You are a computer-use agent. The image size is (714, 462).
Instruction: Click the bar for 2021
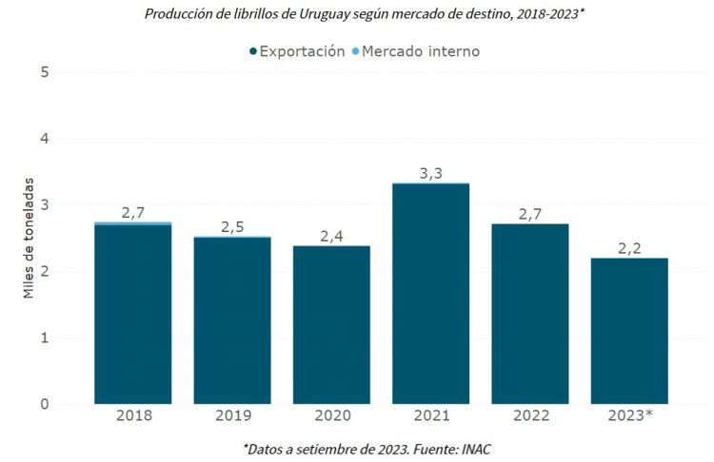[430, 294]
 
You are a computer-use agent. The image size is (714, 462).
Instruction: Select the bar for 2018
[132, 314]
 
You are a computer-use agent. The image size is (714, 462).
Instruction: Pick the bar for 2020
[331, 324]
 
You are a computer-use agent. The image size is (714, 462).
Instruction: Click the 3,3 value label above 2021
[430, 173]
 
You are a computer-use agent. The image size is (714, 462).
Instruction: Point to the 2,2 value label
[629, 247]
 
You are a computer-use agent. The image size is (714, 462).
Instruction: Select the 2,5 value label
[232, 227]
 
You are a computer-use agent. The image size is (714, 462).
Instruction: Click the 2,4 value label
[331, 235]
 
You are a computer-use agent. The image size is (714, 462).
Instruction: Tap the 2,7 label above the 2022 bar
[530, 213]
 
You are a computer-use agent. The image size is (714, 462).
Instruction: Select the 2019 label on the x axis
[232, 415]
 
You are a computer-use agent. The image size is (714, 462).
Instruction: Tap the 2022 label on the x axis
[530, 415]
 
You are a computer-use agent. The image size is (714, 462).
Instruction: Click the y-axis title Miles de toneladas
[30, 238]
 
